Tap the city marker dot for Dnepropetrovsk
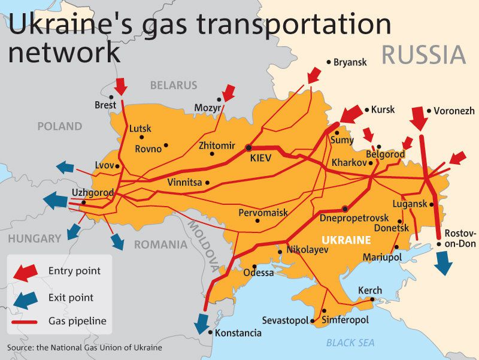[345, 208]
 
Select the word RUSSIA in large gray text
[423, 55]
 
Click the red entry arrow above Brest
[120, 86]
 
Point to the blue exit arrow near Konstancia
[201, 323]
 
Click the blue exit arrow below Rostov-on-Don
[444, 262]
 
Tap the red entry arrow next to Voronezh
[419, 118]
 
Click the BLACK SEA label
[350, 343]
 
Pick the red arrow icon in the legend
[25, 272]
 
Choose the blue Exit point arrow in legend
[25, 298]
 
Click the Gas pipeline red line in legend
[25, 322]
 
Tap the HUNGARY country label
[35, 238]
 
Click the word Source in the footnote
[20, 347]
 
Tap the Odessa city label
[258, 273]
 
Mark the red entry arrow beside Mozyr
[228, 92]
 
